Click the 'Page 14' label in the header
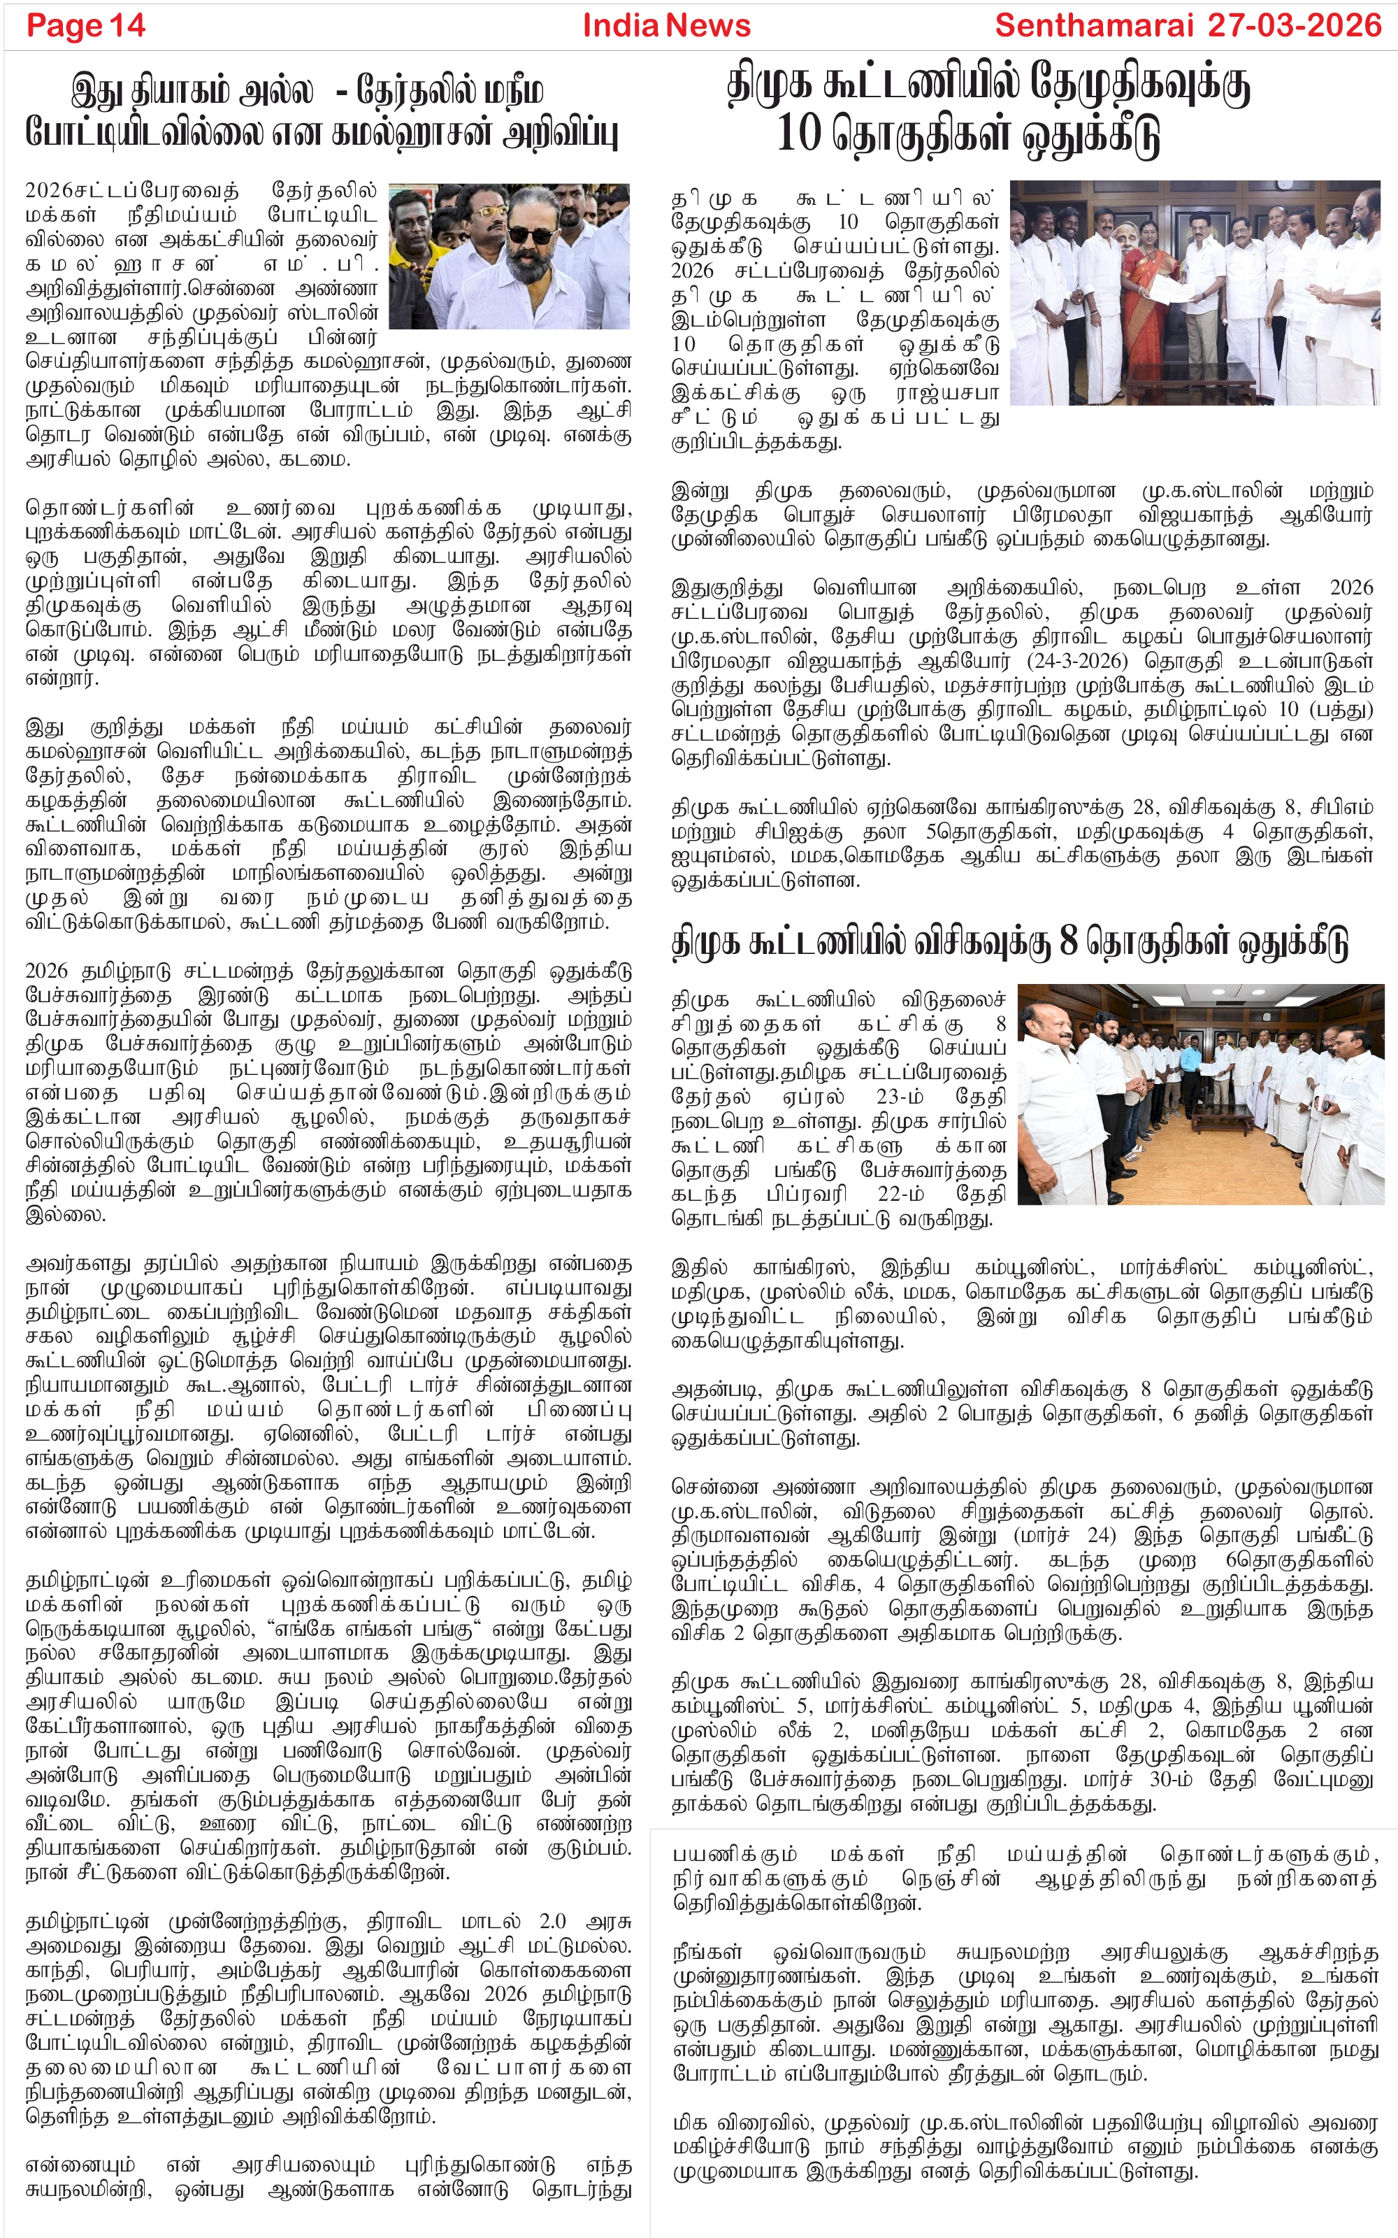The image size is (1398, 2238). tap(86, 26)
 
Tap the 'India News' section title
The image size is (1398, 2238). tap(665, 26)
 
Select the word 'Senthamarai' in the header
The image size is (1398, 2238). tap(1092, 26)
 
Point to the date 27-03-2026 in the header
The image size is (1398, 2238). tap(1295, 26)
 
